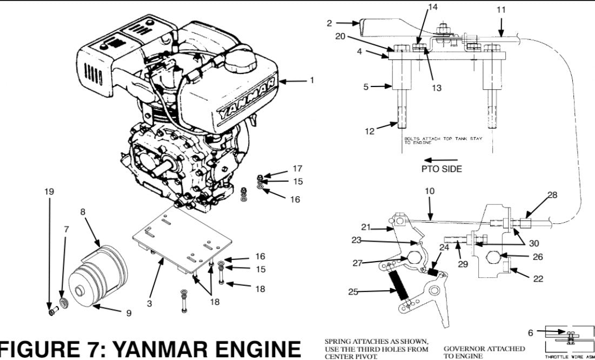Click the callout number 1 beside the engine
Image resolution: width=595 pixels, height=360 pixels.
[x=311, y=81]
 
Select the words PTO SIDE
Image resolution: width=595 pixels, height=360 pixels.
[x=442, y=169]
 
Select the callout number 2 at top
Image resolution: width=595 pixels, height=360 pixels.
[x=329, y=23]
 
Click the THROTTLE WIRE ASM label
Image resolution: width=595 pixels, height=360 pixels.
[x=570, y=357]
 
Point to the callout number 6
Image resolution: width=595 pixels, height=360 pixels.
[x=531, y=334]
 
